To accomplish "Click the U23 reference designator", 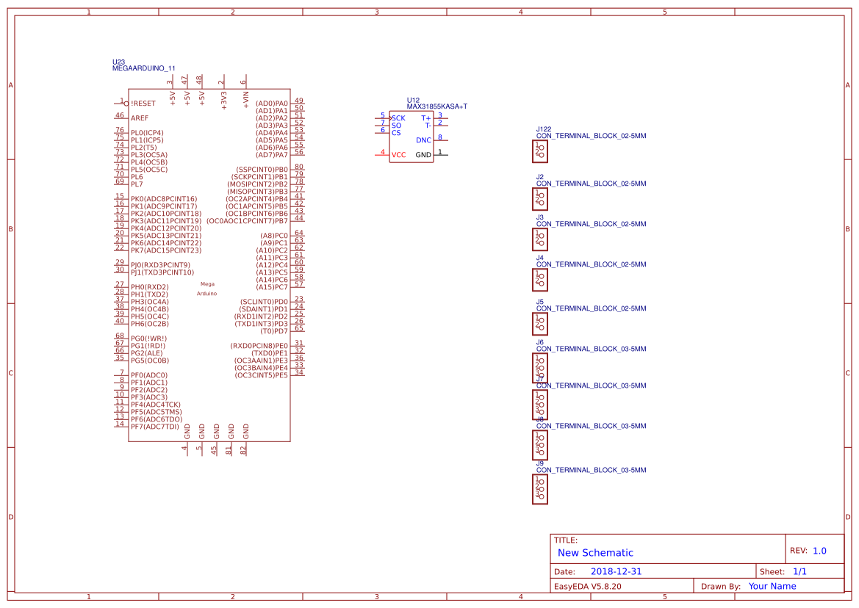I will click(118, 62).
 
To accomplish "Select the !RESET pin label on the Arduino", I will click(143, 104).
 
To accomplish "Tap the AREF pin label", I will click(140, 118).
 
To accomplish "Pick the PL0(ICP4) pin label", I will click(147, 133).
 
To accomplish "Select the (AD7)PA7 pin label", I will click(272, 155).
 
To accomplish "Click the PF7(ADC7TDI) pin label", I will click(154, 427).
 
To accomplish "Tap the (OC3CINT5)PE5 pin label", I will click(261, 375).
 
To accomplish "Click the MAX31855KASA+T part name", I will click(437, 106).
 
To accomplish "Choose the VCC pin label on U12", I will click(398, 155).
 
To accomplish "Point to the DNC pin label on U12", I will click(424, 140).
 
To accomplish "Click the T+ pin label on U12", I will click(426, 117).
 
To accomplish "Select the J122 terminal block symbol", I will click(540, 151).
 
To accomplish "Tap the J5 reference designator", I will click(540, 302).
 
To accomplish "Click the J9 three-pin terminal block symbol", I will click(540, 489).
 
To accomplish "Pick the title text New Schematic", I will click(595, 553).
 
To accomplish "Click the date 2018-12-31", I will click(616, 571).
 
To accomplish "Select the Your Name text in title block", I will click(772, 586).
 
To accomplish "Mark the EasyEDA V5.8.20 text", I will click(587, 586).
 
